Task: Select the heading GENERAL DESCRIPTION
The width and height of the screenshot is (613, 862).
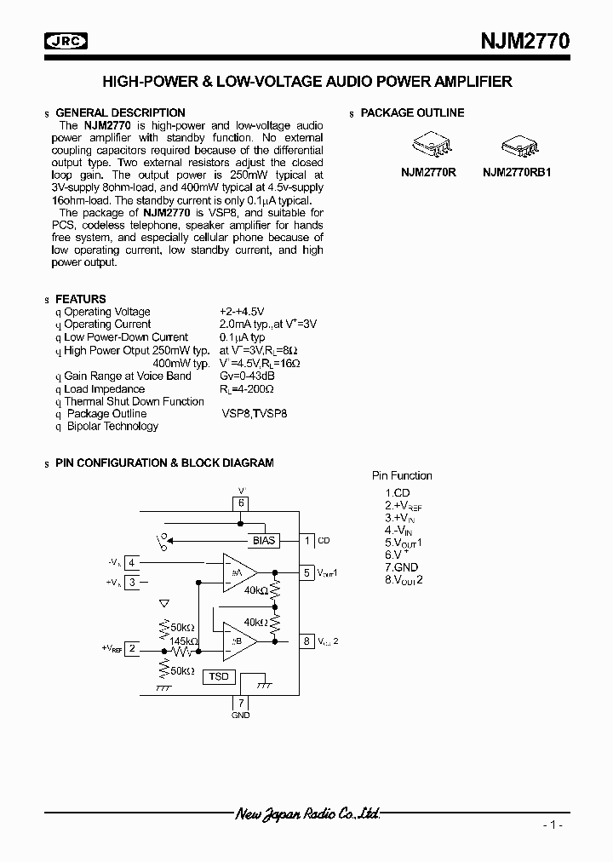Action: coord(120,112)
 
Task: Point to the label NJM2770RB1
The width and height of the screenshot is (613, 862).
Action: coord(517,171)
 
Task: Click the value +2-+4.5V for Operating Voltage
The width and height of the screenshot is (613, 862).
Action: coord(243,312)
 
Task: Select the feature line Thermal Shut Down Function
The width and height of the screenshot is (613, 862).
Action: coord(135,401)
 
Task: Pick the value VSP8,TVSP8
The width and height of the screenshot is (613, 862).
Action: coord(254,414)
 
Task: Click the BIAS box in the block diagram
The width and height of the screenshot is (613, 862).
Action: coord(265,541)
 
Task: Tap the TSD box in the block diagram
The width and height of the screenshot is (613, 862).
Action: coord(218,676)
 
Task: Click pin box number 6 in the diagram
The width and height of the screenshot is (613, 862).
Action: coord(241,503)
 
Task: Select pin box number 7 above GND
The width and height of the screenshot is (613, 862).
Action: coord(241,703)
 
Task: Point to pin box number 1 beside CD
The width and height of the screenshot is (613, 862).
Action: coord(306,540)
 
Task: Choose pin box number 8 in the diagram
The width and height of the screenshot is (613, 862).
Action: coord(306,641)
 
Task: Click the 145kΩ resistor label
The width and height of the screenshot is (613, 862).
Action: coord(183,641)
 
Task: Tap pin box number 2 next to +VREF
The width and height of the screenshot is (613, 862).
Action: coord(132,648)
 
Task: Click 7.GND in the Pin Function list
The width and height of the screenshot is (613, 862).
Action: coord(401,566)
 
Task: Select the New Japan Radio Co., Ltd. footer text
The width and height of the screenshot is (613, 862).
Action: coord(306,813)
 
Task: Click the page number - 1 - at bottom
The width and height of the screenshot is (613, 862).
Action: coord(552,825)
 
